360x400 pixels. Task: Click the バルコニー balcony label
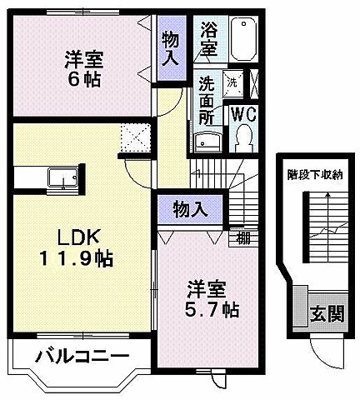(82, 357)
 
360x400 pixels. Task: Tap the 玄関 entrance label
(327, 314)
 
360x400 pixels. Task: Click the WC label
(244, 112)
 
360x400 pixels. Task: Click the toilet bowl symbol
(245, 137)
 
